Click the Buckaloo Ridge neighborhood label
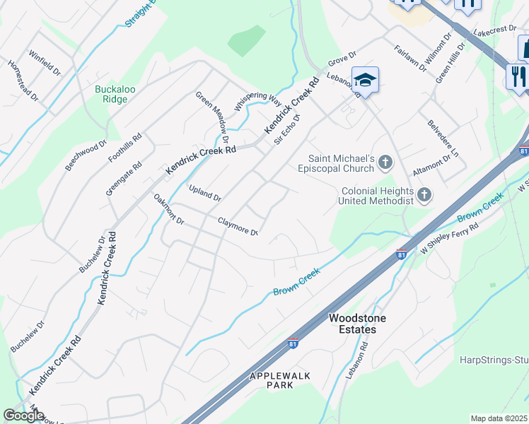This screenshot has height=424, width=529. (x=112, y=94)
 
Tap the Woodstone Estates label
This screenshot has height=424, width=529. (x=358, y=324)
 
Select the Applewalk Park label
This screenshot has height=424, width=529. (x=280, y=380)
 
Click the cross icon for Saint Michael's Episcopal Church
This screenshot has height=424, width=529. (x=385, y=163)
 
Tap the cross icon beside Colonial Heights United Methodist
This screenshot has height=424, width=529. (x=424, y=194)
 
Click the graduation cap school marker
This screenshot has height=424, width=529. (x=366, y=79)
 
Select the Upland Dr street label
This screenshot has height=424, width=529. (x=205, y=193)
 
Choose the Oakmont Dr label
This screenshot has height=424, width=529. (x=169, y=211)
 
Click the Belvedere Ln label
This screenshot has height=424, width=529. (x=443, y=138)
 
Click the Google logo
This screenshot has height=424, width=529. (x=23, y=416)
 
